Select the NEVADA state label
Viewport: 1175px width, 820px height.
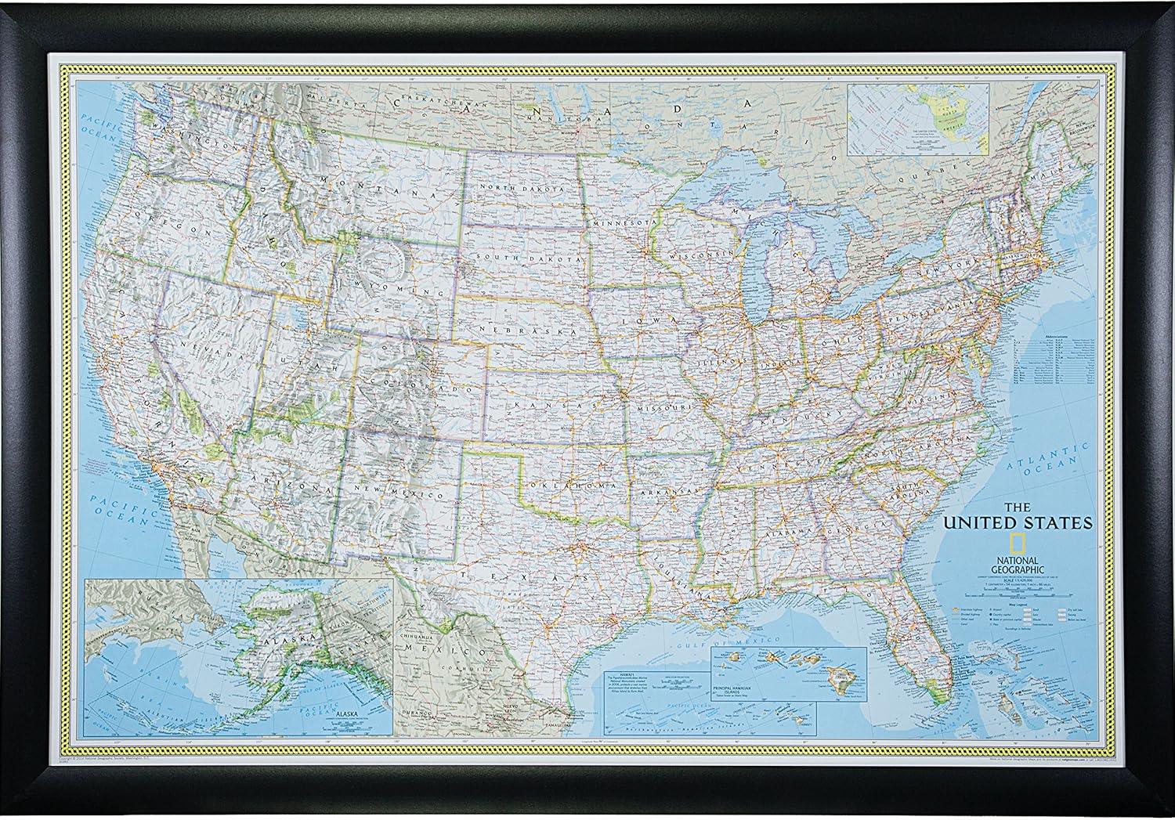(205, 349)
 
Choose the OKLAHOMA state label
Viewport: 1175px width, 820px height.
(570, 486)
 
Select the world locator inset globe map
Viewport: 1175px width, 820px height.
(918, 119)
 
